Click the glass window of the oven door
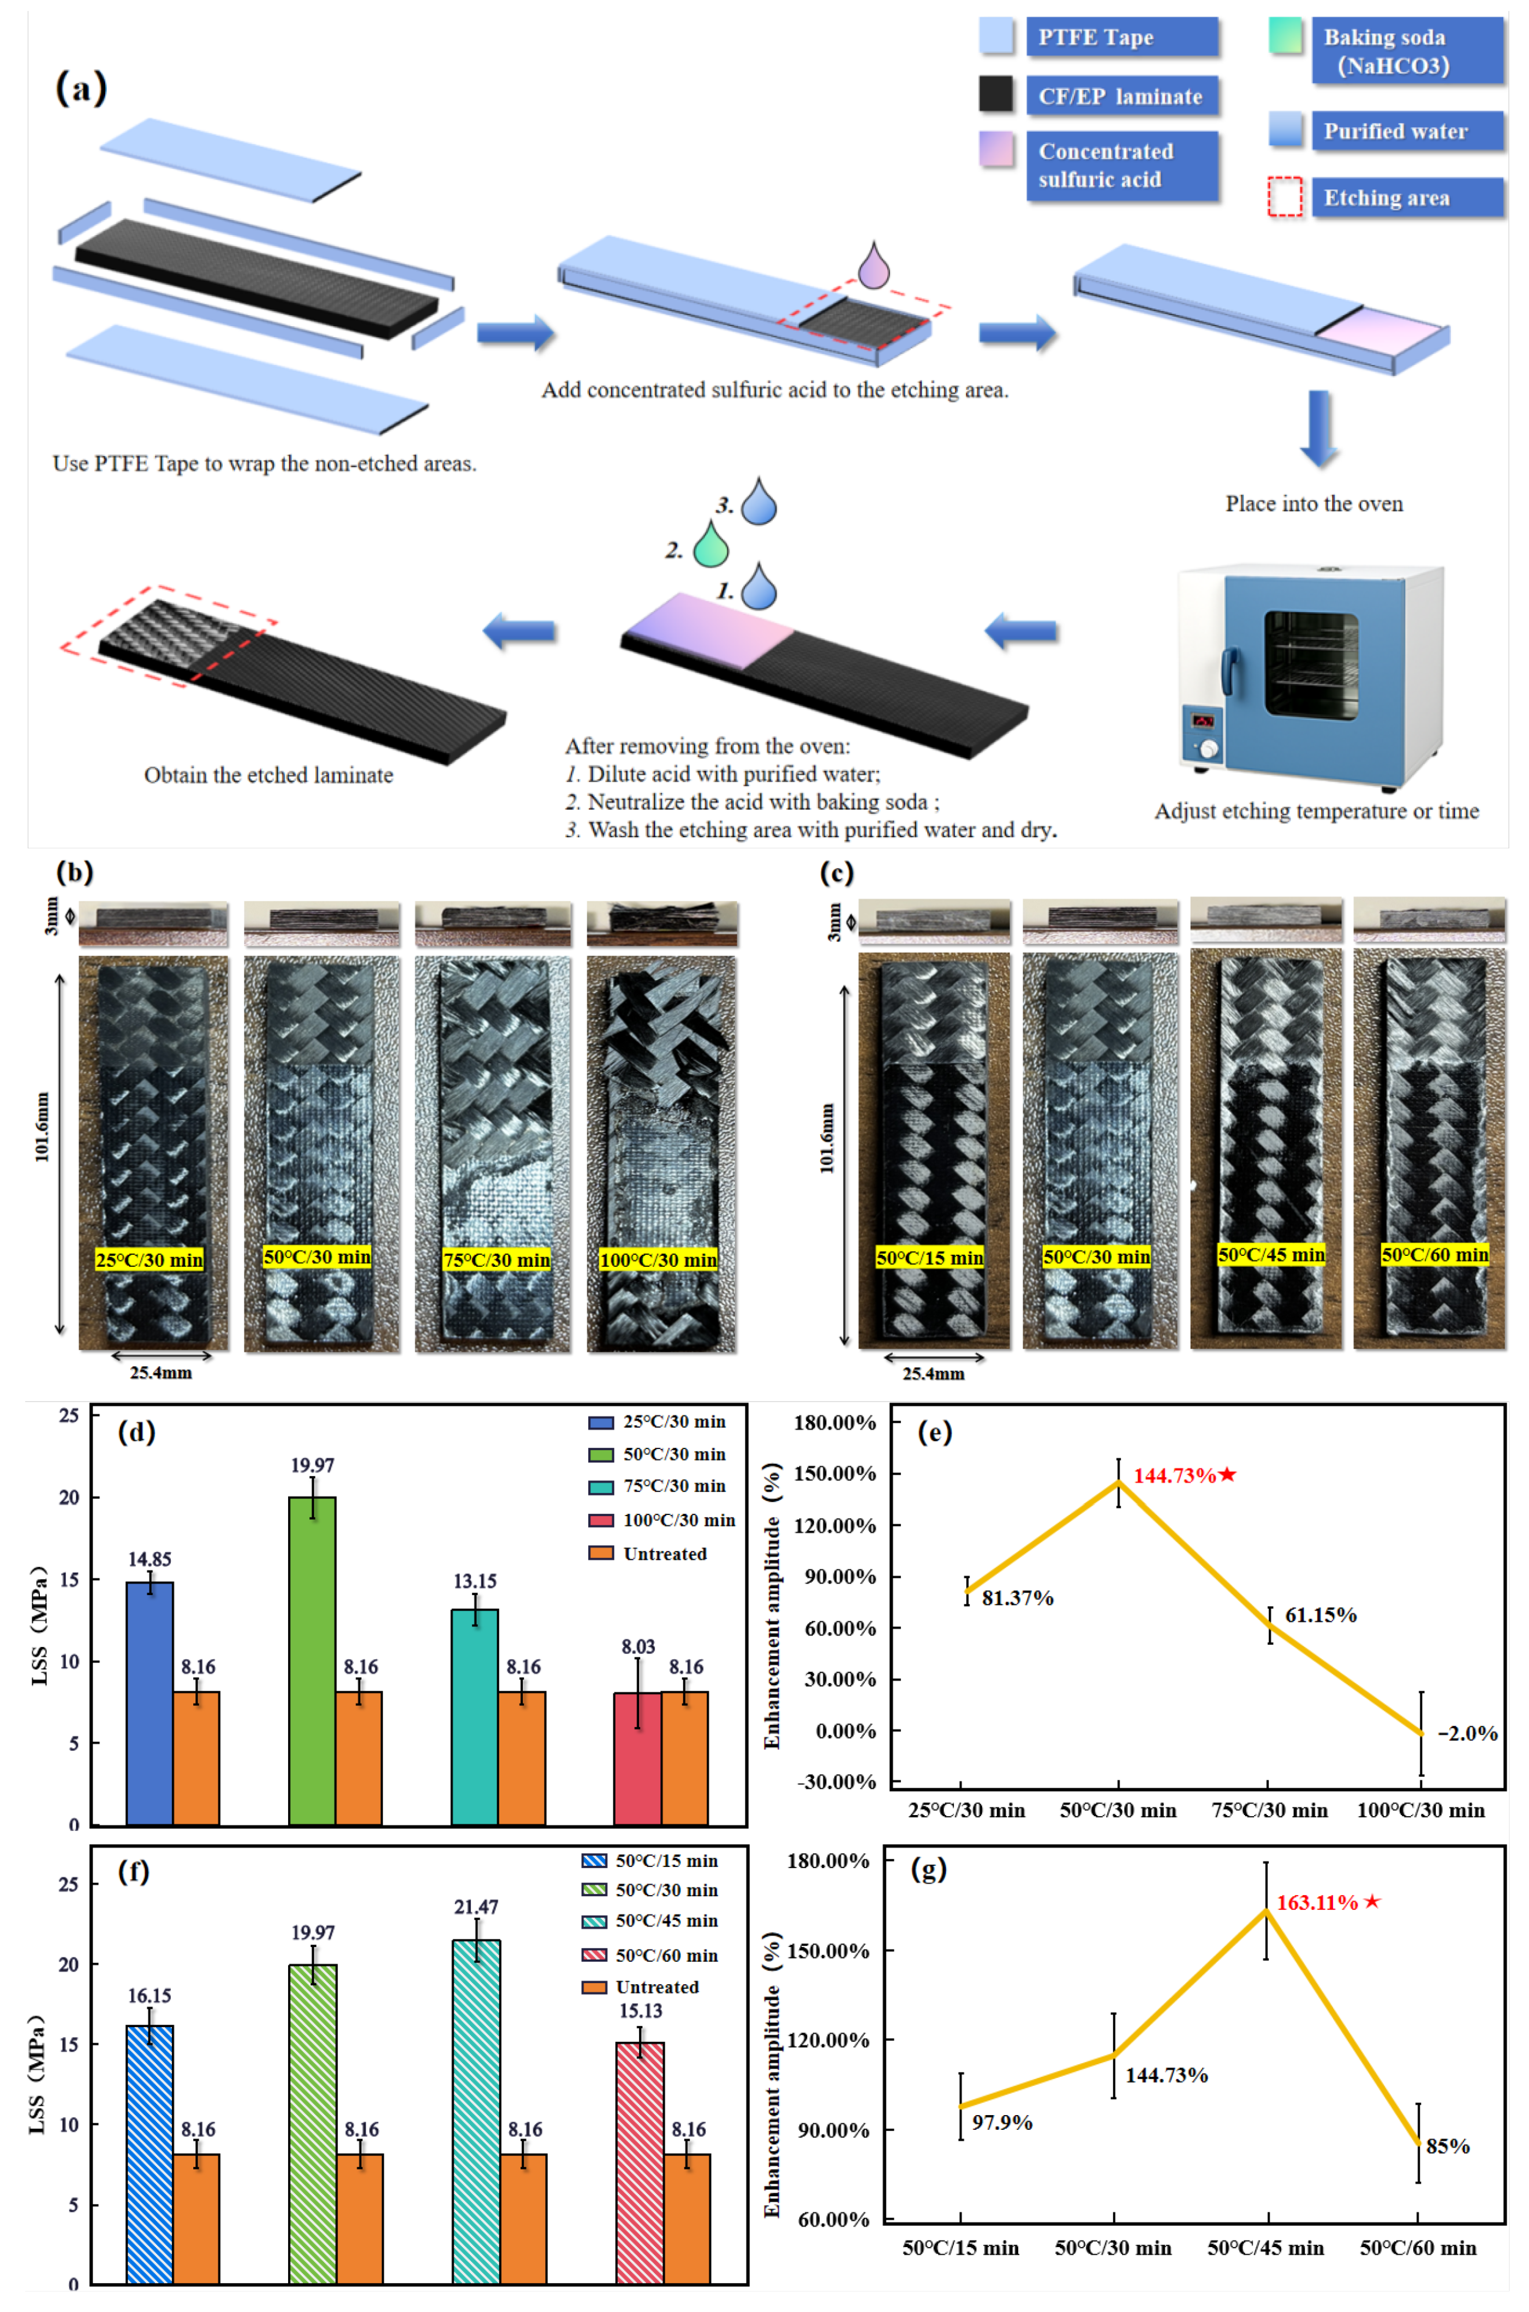(x=1311, y=665)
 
